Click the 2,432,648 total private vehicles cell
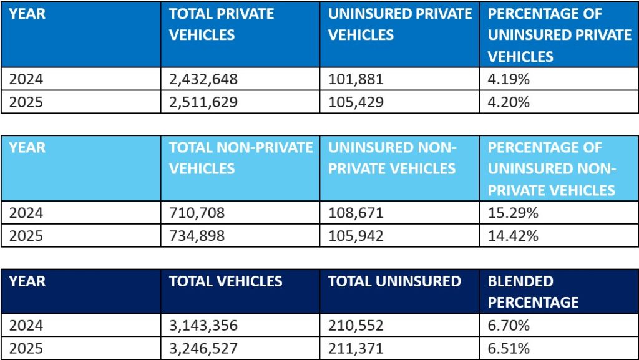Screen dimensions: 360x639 pos(203,79)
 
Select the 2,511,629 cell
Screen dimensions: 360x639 pos(203,102)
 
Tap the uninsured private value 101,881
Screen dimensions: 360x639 pos(356,79)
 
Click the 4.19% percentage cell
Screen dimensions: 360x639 pos(509,79)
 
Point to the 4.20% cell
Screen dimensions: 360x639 pos(509,102)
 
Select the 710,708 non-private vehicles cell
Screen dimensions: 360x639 pos(197,213)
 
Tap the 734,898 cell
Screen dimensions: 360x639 pos(197,235)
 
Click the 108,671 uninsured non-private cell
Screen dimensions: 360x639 pos(356,213)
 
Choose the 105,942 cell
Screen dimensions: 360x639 pos(356,235)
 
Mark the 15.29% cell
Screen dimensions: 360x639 pos(513,213)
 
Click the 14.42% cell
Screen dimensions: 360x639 pos(513,235)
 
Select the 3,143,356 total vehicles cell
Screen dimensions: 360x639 pos(203,325)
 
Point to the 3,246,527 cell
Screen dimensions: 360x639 pos(203,348)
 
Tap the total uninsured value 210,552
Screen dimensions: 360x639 pos(356,325)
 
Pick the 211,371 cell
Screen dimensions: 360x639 pos(356,348)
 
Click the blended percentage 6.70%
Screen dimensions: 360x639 pos(509,325)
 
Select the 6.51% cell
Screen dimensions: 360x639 pos(509,348)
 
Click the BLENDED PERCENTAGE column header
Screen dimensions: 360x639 pos(533,291)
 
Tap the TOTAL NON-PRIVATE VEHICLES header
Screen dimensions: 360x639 pos(240,158)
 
